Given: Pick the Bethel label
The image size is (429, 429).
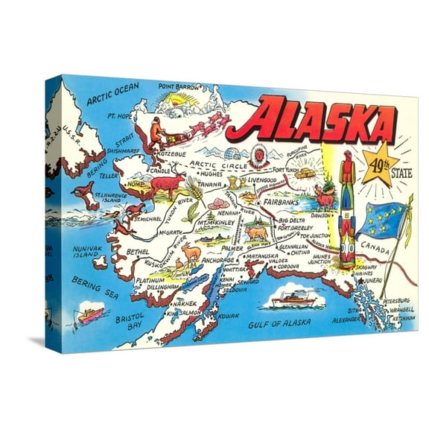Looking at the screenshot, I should [138, 252].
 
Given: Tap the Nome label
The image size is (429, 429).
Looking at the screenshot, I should [137, 182].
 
